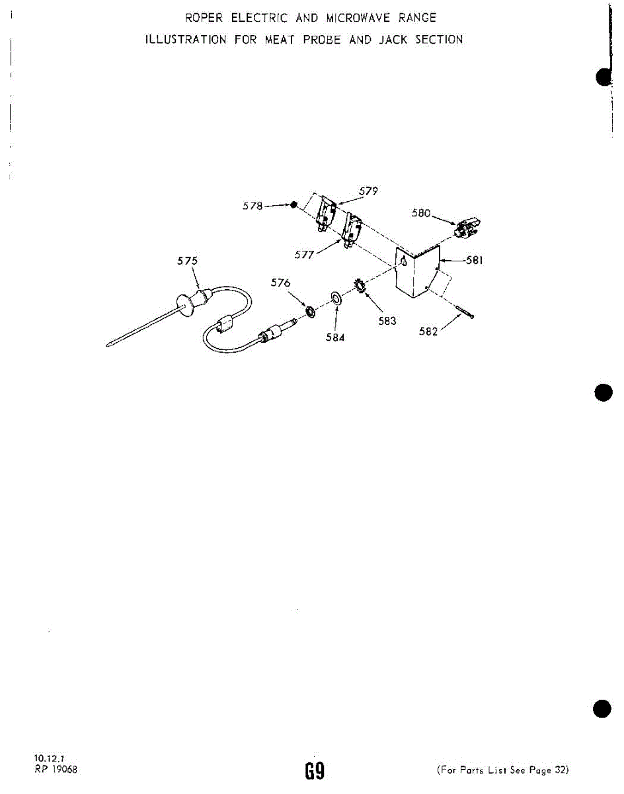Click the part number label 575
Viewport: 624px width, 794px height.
(187, 261)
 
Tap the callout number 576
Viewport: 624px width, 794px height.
(281, 283)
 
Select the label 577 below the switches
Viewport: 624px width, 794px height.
(305, 255)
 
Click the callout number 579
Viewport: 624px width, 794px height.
(368, 191)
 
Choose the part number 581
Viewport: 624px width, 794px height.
(475, 261)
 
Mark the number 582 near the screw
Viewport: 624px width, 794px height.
(429, 331)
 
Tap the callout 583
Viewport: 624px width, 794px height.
(387, 321)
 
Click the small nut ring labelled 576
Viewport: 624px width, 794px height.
(309, 310)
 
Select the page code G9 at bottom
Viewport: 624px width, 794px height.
(313, 770)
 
